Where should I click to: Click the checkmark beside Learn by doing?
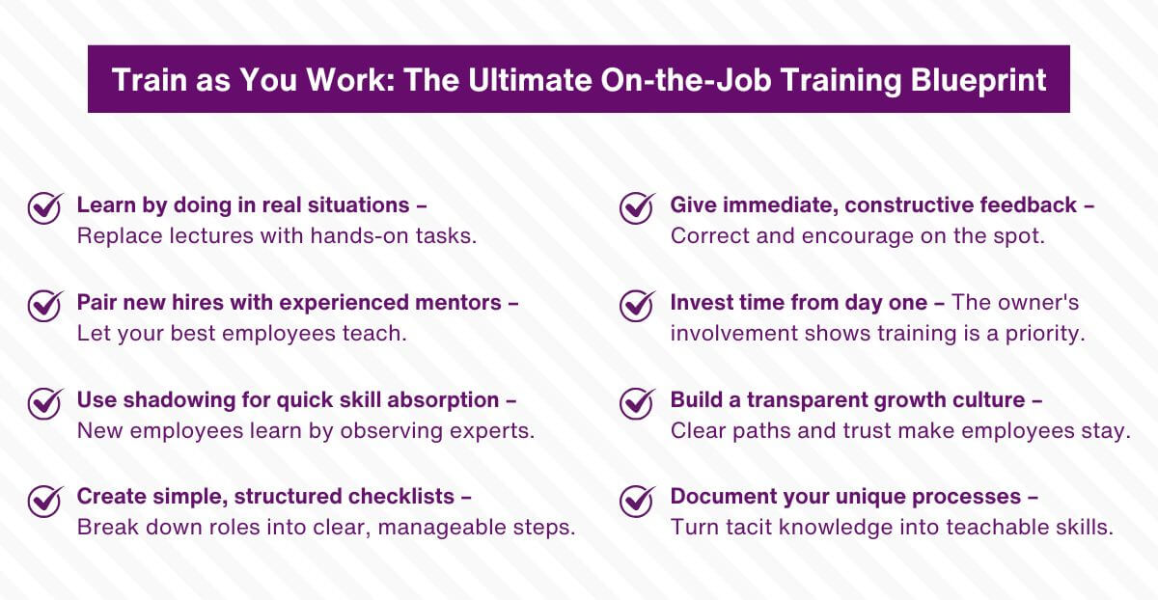pyautogui.click(x=44, y=207)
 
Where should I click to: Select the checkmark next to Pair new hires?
pyautogui.click(x=44, y=305)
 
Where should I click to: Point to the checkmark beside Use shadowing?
pyautogui.click(x=44, y=402)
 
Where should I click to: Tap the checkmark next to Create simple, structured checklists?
pyautogui.click(x=44, y=500)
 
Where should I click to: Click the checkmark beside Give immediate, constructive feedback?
pyautogui.click(x=637, y=207)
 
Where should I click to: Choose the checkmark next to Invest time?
pyautogui.click(x=637, y=305)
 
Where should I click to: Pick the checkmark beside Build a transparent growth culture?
pyautogui.click(x=637, y=402)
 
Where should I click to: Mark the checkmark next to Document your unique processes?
pyautogui.click(x=637, y=500)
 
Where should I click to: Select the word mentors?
pyautogui.click(x=460, y=302)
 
